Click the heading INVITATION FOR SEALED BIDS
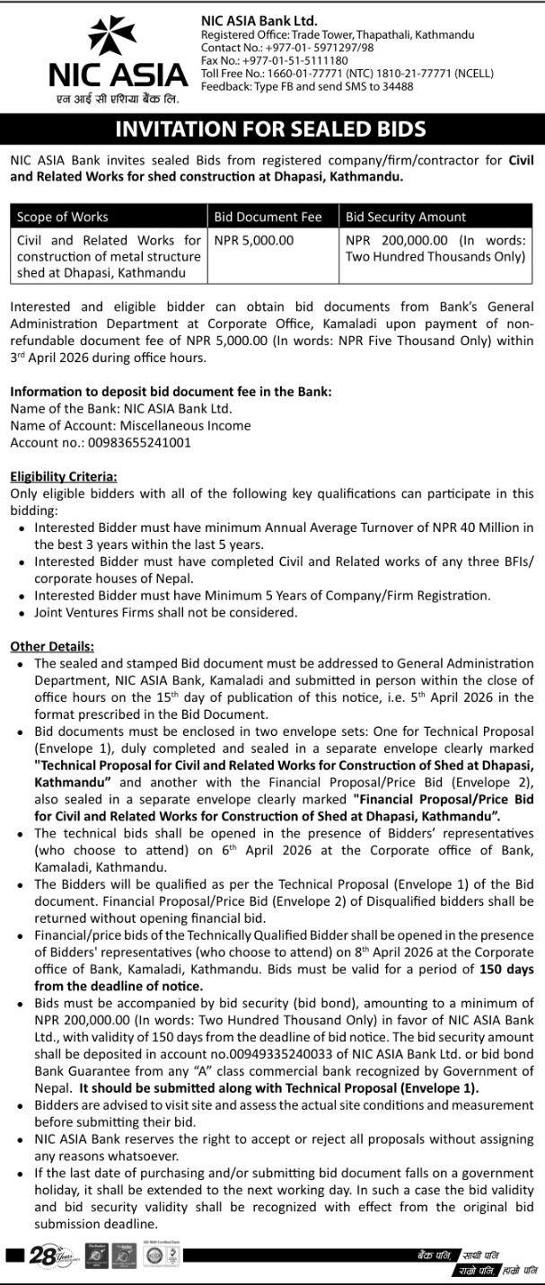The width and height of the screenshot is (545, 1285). (271, 129)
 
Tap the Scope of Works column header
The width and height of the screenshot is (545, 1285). (63, 217)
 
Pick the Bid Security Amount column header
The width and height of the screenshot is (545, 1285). (406, 217)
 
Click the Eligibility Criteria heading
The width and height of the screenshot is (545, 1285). (63, 476)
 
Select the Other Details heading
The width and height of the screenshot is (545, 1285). (51, 646)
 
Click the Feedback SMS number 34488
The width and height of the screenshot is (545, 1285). (397, 86)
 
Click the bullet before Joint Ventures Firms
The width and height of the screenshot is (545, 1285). (21, 613)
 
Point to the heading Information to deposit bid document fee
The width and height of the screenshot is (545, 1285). (171, 392)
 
